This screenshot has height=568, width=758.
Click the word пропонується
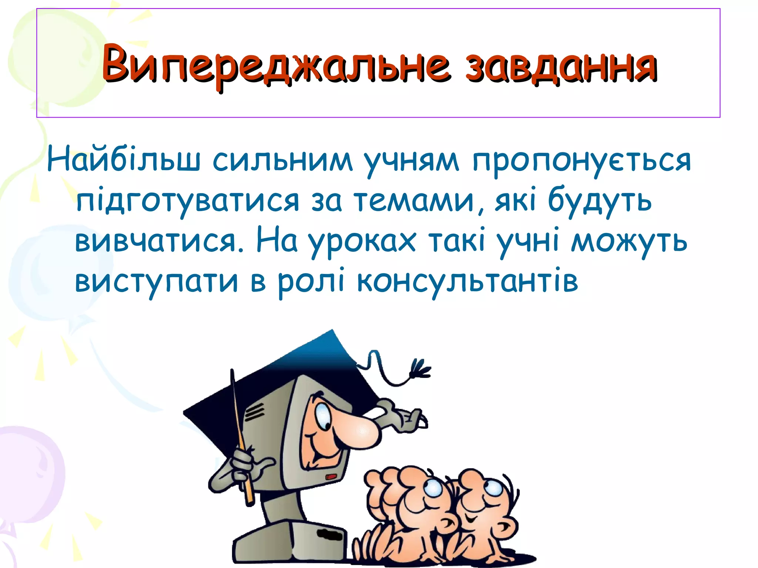pyautogui.click(x=581, y=161)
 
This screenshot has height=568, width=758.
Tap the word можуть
pyautogui.click(x=629, y=240)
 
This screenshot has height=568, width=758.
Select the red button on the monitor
pyautogui.click(x=331, y=477)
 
